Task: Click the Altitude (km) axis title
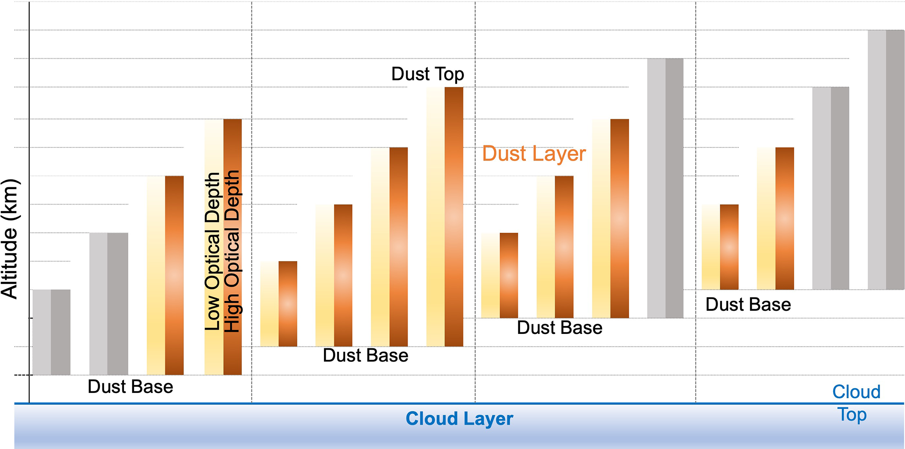10,239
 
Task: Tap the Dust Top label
427,74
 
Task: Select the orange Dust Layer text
534,154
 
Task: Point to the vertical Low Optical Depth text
213,251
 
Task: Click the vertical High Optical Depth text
232,251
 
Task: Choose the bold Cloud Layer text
459,419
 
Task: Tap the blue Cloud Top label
856,403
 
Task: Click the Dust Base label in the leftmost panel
130,387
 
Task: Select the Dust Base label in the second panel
366,355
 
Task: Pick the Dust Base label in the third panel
560,328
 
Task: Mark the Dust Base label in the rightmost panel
748,305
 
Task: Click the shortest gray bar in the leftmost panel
52,332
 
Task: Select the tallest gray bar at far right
886,160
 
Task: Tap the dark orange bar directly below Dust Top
454,217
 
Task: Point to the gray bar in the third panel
666,188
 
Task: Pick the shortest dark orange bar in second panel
288,304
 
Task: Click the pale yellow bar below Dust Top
436,217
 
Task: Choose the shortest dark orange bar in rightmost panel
729,247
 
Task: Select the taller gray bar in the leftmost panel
109,304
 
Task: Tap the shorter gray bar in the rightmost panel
831,188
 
